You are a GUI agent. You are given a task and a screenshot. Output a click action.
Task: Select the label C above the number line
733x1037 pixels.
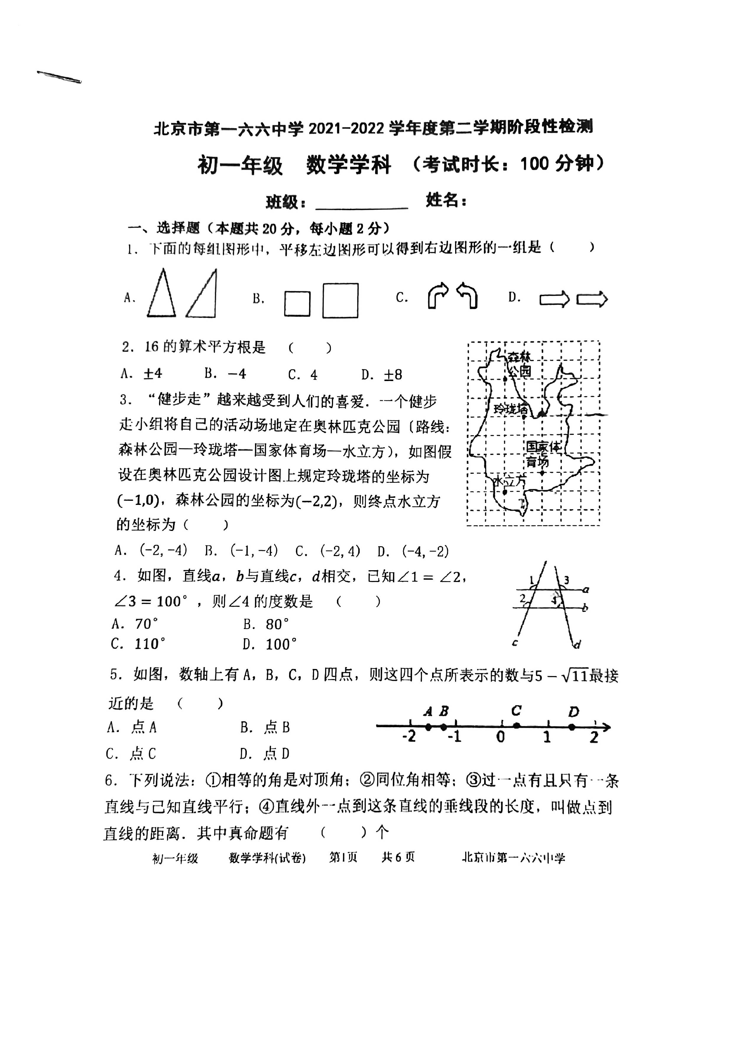tap(516, 711)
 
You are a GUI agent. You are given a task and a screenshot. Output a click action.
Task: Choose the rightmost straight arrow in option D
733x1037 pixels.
tap(592, 299)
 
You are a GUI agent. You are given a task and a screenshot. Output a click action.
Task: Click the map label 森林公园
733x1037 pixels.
tap(519, 364)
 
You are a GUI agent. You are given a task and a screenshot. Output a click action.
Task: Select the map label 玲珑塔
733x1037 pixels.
tap(510, 409)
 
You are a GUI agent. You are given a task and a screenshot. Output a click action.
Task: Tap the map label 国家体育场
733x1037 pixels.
tap(542, 454)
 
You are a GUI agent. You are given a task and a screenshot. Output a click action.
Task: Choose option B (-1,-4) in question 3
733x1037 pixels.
tap(241, 550)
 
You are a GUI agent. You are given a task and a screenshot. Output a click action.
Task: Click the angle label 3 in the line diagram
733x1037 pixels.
tap(566, 580)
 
